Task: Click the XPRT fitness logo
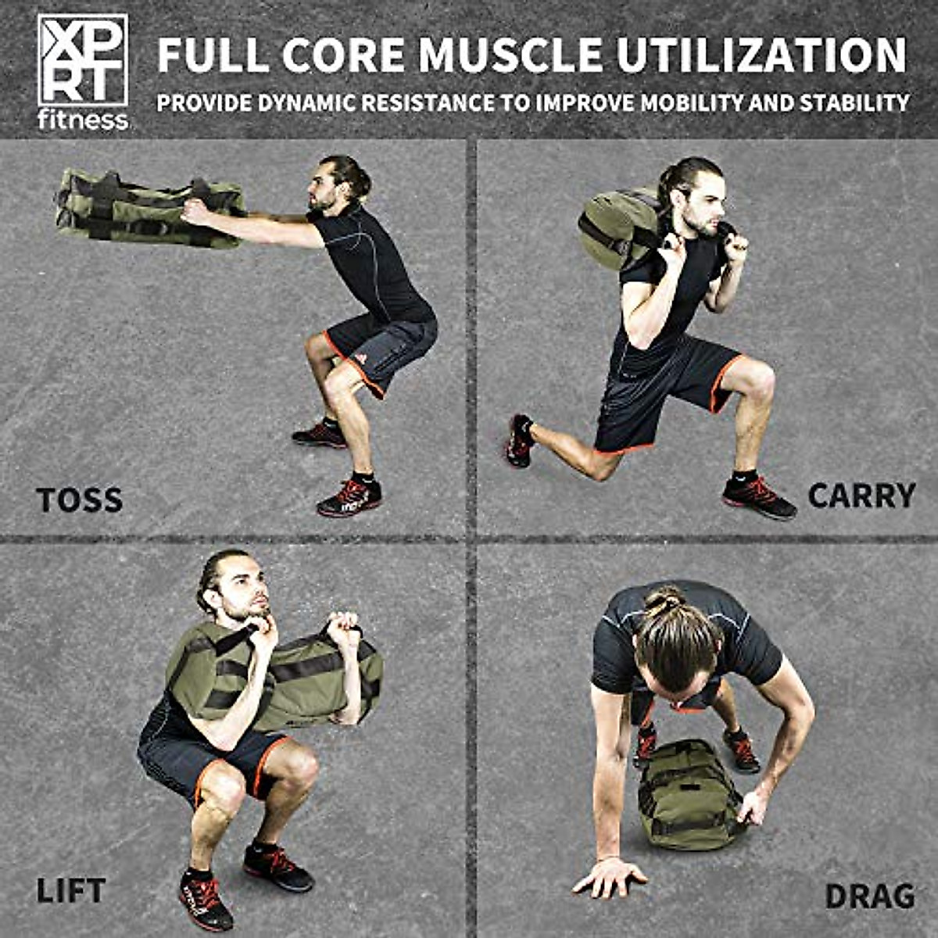(82, 70)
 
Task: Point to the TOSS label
(79, 500)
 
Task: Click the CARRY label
(861, 496)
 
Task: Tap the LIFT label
(70, 891)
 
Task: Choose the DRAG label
(870, 896)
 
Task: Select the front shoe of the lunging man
(758, 497)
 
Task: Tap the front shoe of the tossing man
(349, 498)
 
